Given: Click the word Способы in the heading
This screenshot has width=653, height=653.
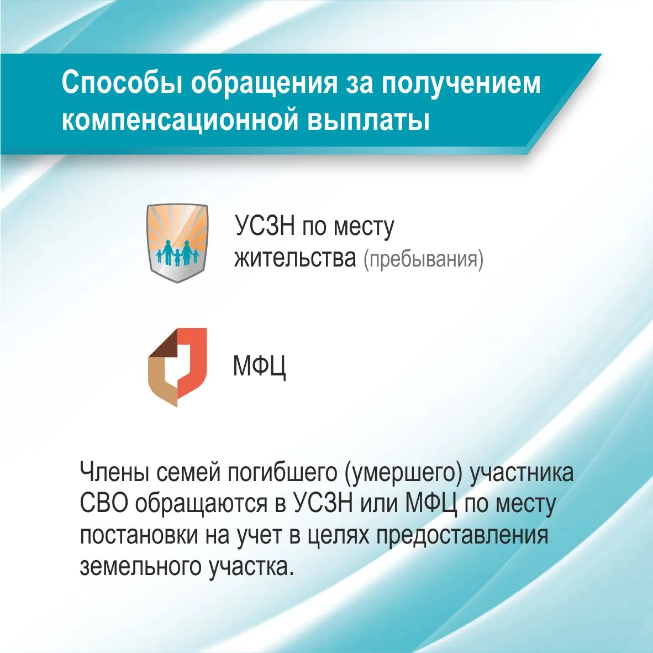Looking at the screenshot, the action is (x=122, y=82).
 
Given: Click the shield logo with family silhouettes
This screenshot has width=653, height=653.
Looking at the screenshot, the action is (x=177, y=243).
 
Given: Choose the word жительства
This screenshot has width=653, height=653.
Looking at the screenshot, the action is (x=295, y=258).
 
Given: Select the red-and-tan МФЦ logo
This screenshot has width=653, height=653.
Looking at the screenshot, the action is (x=177, y=367).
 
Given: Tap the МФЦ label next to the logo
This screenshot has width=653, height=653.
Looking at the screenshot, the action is (x=260, y=366).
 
